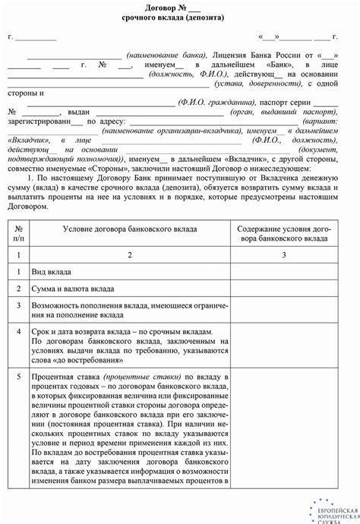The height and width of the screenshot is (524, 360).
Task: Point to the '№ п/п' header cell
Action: [x=17, y=232]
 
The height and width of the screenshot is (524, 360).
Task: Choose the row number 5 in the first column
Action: [x=17, y=376]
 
